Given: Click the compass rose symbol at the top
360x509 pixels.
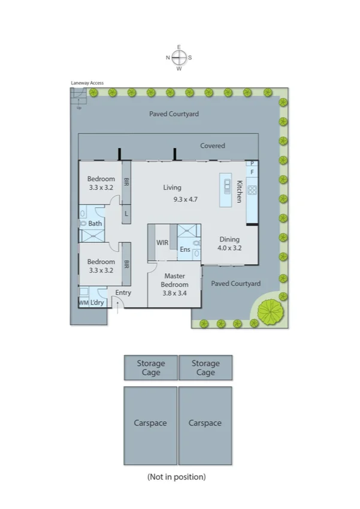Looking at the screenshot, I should click(x=179, y=58).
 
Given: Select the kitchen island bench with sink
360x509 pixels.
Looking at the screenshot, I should click(x=226, y=191).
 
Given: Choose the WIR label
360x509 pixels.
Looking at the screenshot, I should click(x=162, y=243).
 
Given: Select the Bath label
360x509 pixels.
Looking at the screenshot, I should click(x=95, y=224).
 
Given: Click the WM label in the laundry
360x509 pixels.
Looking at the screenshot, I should click(x=83, y=303).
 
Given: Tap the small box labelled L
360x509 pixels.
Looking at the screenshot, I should click(x=126, y=213).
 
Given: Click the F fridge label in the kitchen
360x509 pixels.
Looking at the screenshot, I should click(x=252, y=172).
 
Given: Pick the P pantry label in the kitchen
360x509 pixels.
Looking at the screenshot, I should click(x=252, y=163).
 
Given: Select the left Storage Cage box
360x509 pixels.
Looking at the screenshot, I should click(x=150, y=368).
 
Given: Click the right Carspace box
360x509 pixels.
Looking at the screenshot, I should click(x=205, y=425).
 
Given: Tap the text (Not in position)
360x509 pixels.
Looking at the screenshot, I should click(x=176, y=477).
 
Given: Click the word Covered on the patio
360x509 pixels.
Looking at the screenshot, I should click(x=213, y=146).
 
